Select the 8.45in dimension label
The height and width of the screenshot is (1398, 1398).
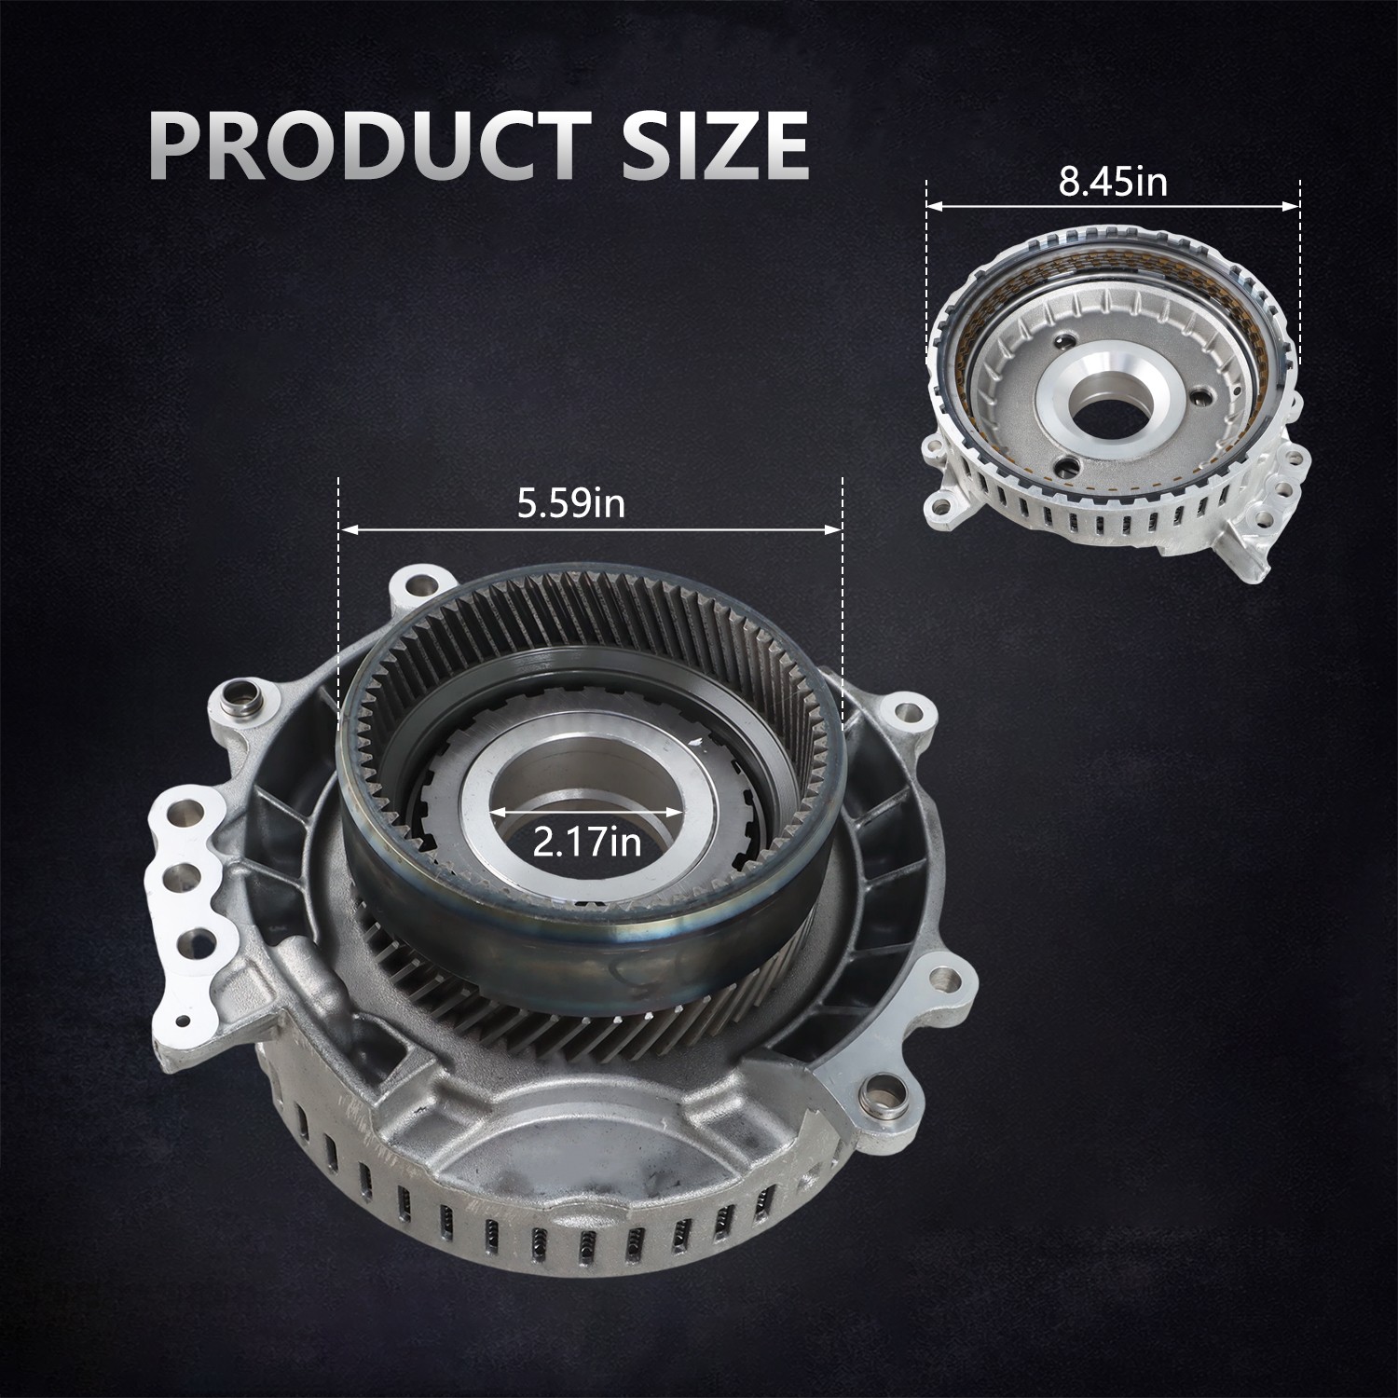(1113, 183)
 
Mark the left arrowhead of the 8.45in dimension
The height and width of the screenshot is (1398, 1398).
(935, 207)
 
